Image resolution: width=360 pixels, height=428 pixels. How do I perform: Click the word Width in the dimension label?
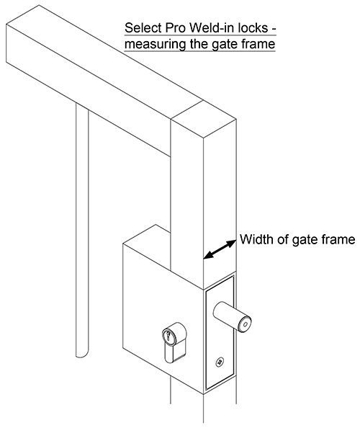pos(256,239)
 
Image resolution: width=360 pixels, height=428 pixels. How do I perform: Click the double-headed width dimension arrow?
pos(220,249)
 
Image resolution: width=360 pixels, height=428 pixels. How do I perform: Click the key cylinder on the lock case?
pos(174,342)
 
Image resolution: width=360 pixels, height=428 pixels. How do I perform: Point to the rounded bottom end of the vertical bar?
pos(82,354)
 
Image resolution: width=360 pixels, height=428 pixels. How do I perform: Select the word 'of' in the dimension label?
pos(283,239)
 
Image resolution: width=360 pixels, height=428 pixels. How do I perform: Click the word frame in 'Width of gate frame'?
pos(338,239)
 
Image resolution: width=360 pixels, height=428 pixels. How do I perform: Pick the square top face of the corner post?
pos(204,118)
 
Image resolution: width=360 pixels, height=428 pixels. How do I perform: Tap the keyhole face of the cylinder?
pos(168,336)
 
